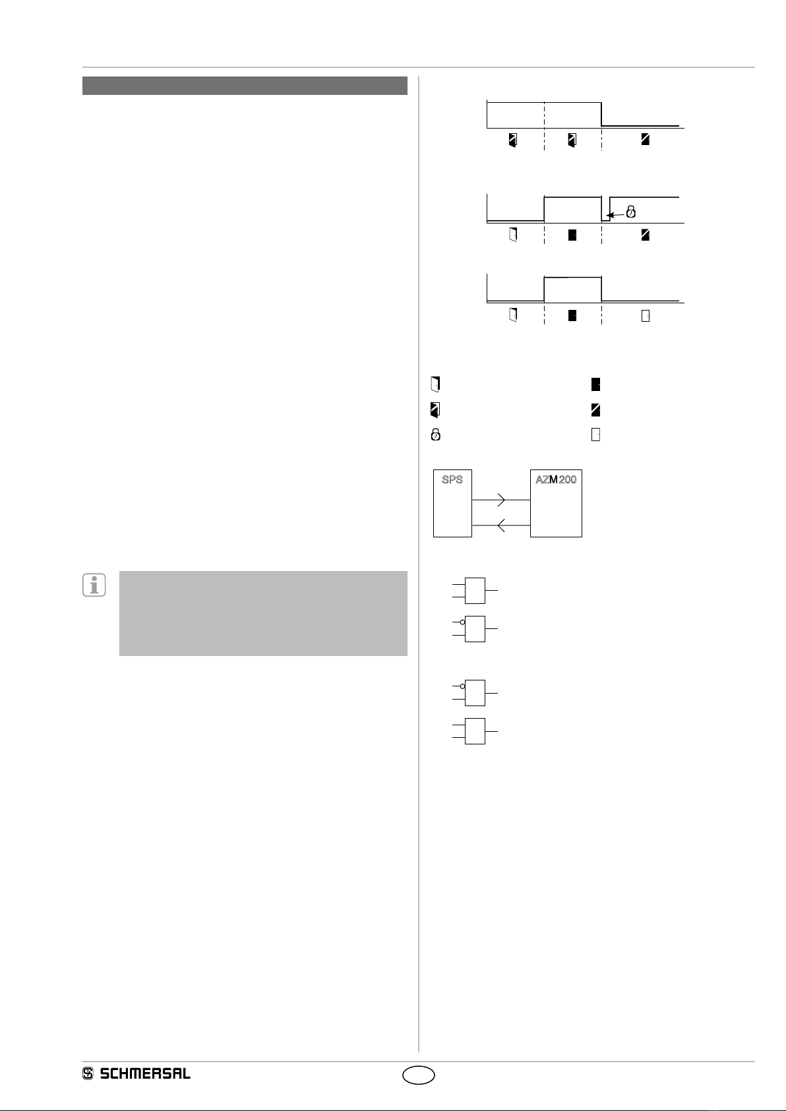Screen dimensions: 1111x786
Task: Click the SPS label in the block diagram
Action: pyautogui.click(x=452, y=480)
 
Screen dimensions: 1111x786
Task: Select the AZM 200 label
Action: pyautogui.click(x=556, y=480)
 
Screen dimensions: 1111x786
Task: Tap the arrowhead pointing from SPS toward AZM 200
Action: pyautogui.click(x=502, y=500)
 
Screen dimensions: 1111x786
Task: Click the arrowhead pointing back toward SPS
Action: pyautogui.click(x=500, y=525)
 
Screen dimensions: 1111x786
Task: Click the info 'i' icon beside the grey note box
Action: pyautogui.click(x=94, y=585)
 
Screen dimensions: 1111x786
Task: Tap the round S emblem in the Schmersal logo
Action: pyautogui.click(x=88, y=1073)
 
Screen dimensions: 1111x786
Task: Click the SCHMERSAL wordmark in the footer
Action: pyautogui.click(x=145, y=1073)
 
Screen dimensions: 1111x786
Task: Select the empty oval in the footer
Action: pyautogui.click(x=419, y=1075)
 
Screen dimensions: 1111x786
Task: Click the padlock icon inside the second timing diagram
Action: pyautogui.click(x=631, y=212)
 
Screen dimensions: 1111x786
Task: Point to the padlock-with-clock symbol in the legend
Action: pyautogui.click(x=435, y=435)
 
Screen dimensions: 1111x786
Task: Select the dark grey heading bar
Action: pyautogui.click(x=245, y=86)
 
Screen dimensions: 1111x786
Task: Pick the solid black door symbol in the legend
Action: pyautogui.click(x=595, y=384)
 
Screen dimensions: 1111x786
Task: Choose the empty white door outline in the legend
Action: pyautogui.click(x=595, y=435)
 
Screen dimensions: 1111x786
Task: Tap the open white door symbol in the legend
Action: pyautogui.click(x=435, y=384)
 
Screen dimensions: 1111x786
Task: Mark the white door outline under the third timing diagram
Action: pyautogui.click(x=646, y=316)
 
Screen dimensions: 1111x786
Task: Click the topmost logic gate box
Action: pyautogui.click(x=475, y=590)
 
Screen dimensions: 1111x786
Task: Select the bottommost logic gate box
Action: pyautogui.click(x=475, y=731)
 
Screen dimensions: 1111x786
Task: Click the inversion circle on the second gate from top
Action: pyautogui.click(x=463, y=622)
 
